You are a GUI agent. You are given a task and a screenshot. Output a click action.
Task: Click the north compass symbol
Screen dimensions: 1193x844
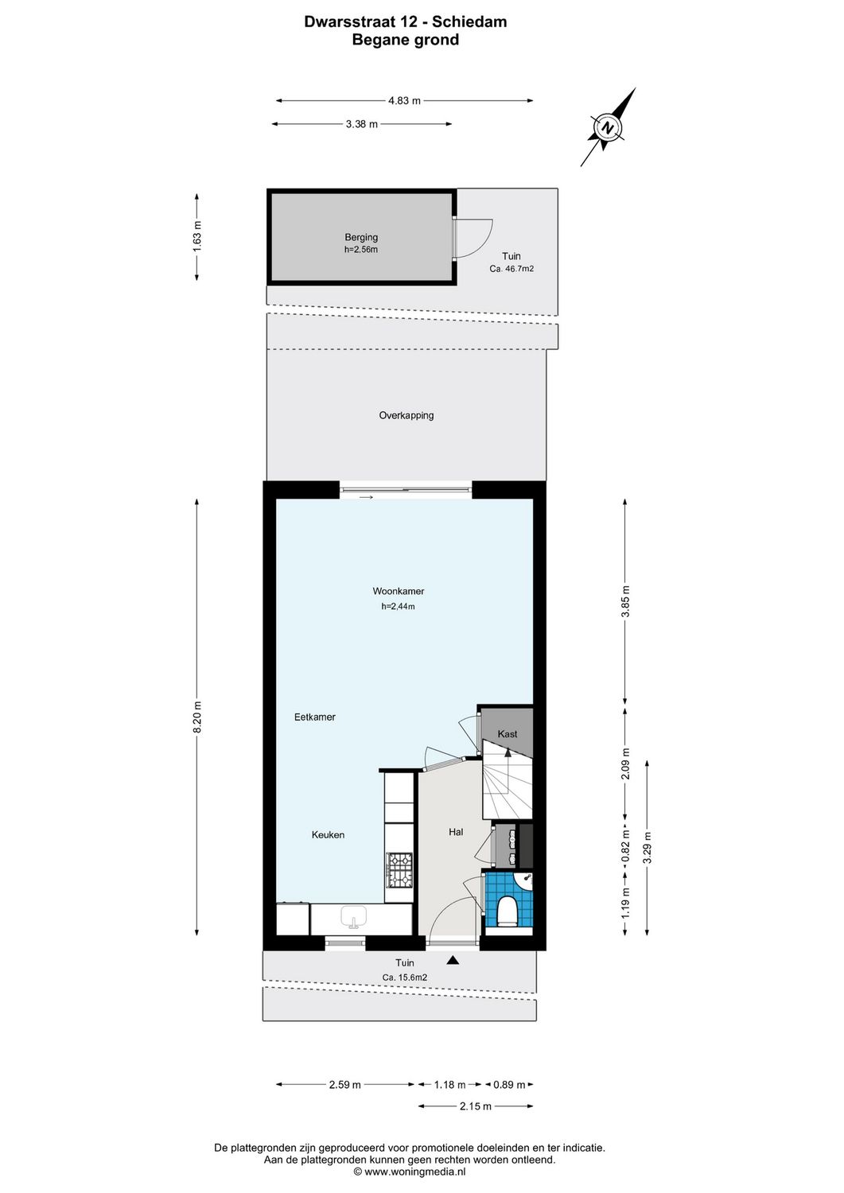tap(609, 127)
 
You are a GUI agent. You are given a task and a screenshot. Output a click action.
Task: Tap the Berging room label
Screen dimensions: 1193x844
tap(361, 237)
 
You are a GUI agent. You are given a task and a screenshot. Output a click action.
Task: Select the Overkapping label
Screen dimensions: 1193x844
tap(406, 415)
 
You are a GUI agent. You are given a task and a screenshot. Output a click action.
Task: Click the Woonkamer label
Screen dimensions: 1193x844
tap(398, 591)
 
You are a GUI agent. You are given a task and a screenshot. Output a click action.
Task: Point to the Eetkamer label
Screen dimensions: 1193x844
tap(314, 717)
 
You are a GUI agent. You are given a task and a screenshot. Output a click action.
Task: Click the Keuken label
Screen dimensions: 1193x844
tap(328, 835)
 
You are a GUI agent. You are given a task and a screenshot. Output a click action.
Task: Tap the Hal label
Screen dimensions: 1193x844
tap(456, 832)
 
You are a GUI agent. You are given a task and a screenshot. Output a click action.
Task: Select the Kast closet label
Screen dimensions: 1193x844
tap(507, 733)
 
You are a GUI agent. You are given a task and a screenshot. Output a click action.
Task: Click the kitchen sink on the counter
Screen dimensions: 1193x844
tap(354, 918)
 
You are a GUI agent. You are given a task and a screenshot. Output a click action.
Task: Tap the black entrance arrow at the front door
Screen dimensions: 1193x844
tap(453, 961)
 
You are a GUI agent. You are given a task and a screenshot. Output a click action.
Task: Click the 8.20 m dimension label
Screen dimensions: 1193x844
tap(197, 717)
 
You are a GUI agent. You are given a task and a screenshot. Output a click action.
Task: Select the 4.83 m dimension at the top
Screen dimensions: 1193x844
tap(404, 101)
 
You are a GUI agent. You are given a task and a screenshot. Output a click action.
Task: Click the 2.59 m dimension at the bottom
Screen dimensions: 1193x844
tap(344, 1084)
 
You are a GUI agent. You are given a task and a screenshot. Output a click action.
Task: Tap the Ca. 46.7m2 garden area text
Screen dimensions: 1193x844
tap(511, 270)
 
